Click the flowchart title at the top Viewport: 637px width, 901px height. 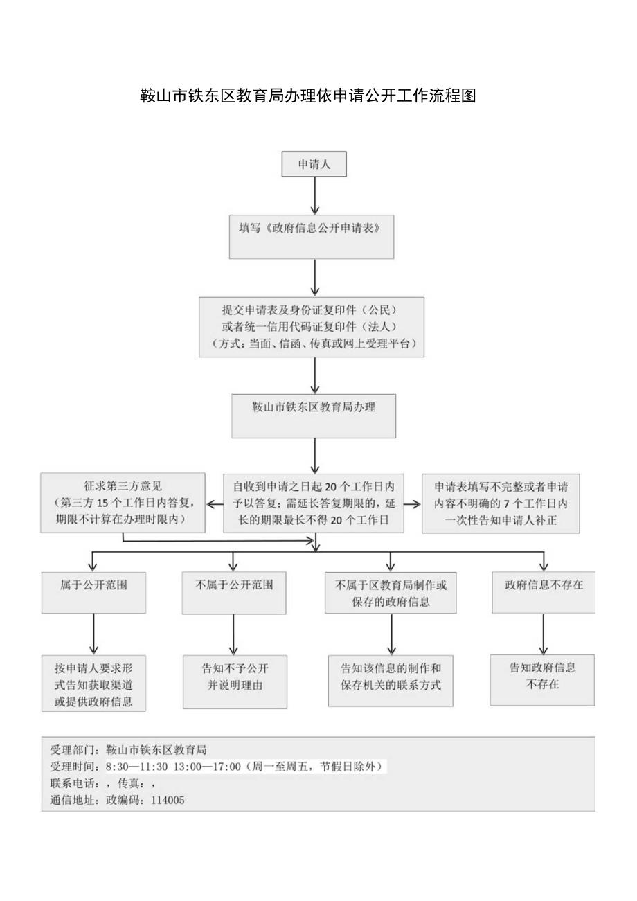pyautogui.click(x=308, y=96)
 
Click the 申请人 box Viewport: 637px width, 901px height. pyautogui.click(x=314, y=164)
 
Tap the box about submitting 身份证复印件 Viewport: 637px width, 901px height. pyautogui.click(x=311, y=326)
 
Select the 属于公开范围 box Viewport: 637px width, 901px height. pyautogui.click(x=93, y=592)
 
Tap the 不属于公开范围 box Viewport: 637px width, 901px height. pyautogui.click(x=234, y=592)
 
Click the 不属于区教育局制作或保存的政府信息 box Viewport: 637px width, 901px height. pyautogui.click(x=391, y=593)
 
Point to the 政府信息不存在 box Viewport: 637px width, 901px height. pyautogui.click(x=544, y=592)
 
